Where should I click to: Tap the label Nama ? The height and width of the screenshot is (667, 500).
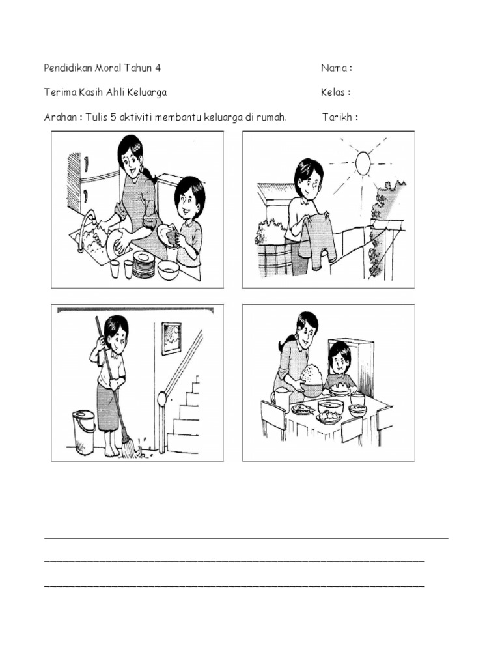[x=337, y=68]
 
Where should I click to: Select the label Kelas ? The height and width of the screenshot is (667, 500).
[x=335, y=92]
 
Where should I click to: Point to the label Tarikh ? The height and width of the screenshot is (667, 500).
[x=340, y=117]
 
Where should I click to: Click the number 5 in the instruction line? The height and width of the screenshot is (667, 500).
[x=113, y=117]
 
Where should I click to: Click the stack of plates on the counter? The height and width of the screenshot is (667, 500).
[x=143, y=266]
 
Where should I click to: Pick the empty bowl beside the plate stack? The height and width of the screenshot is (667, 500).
[x=169, y=270]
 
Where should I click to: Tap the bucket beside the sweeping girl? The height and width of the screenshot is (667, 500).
[x=84, y=431]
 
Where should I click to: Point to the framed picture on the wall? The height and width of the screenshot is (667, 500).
[x=171, y=338]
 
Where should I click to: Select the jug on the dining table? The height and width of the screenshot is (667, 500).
[x=282, y=397]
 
